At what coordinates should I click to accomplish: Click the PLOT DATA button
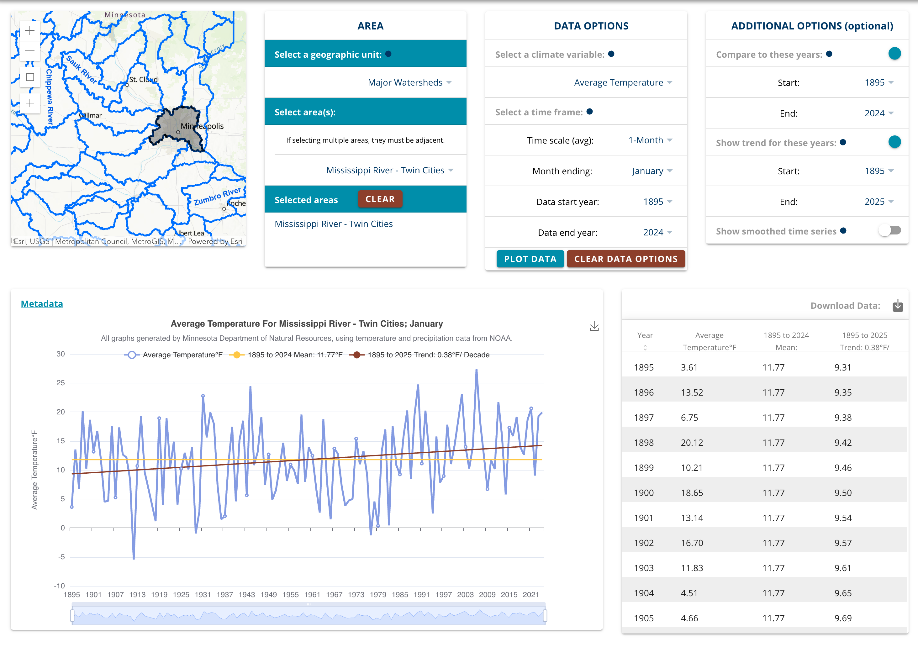(x=530, y=259)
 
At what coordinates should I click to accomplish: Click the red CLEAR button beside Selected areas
(x=380, y=199)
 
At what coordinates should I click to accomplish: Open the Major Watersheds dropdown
(x=409, y=82)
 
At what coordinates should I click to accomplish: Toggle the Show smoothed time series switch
(x=889, y=230)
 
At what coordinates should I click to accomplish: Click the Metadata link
(x=42, y=304)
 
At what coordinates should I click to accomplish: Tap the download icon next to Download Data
(x=898, y=306)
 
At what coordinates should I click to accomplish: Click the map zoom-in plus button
(x=30, y=30)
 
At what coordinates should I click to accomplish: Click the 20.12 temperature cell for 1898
(x=692, y=443)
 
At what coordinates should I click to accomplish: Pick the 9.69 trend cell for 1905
(x=843, y=618)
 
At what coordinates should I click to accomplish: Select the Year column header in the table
(x=645, y=335)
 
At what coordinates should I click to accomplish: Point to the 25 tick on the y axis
(x=61, y=383)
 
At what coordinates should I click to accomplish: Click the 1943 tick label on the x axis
(x=247, y=595)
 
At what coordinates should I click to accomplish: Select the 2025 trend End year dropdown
(x=878, y=202)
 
